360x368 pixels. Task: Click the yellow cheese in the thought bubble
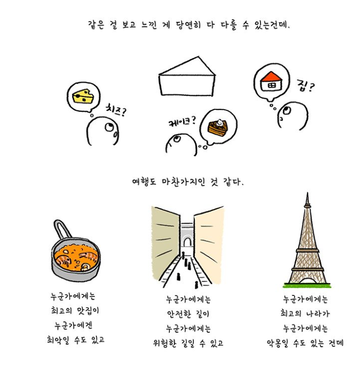point(83,96)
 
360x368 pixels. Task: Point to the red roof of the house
point(271,77)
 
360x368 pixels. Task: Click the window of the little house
point(271,86)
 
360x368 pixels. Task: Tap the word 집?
point(306,86)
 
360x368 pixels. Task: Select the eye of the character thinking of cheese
point(109,128)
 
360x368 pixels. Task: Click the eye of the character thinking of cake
point(177,139)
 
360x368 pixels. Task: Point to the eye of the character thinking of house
point(286,110)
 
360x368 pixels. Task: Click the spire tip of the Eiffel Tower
point(307,193)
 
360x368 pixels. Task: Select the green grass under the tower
point(307,286)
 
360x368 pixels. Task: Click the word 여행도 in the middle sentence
point(144,181)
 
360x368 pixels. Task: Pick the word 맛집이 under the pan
point(88,311)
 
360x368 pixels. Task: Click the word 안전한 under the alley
point(179,314)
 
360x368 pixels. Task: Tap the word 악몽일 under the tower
point(278,343)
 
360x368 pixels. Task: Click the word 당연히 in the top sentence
point(188,25)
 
